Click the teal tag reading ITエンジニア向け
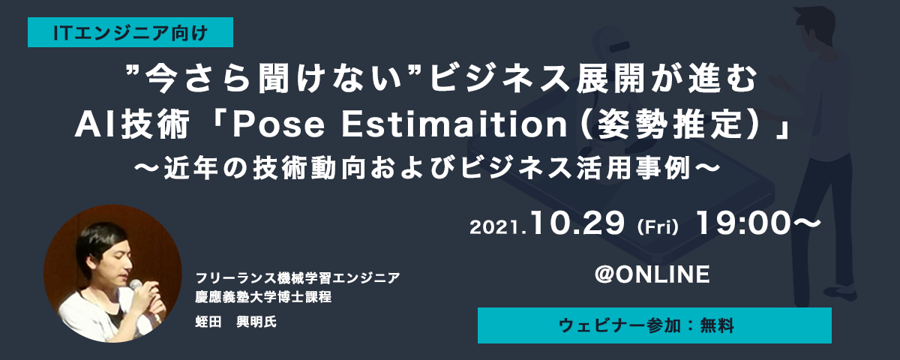(130, 32)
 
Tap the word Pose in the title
(278, 125)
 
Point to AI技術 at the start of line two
(132, 124)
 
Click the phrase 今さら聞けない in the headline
(274, 78)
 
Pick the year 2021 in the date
(496, 227)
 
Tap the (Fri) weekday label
(658, 227)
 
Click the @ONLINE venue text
(652, 274)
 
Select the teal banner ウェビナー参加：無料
(655, 325)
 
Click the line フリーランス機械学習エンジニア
(298, 277)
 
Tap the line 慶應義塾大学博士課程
(263, 297)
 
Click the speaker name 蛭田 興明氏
(235, 322)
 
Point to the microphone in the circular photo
(136, 285)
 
